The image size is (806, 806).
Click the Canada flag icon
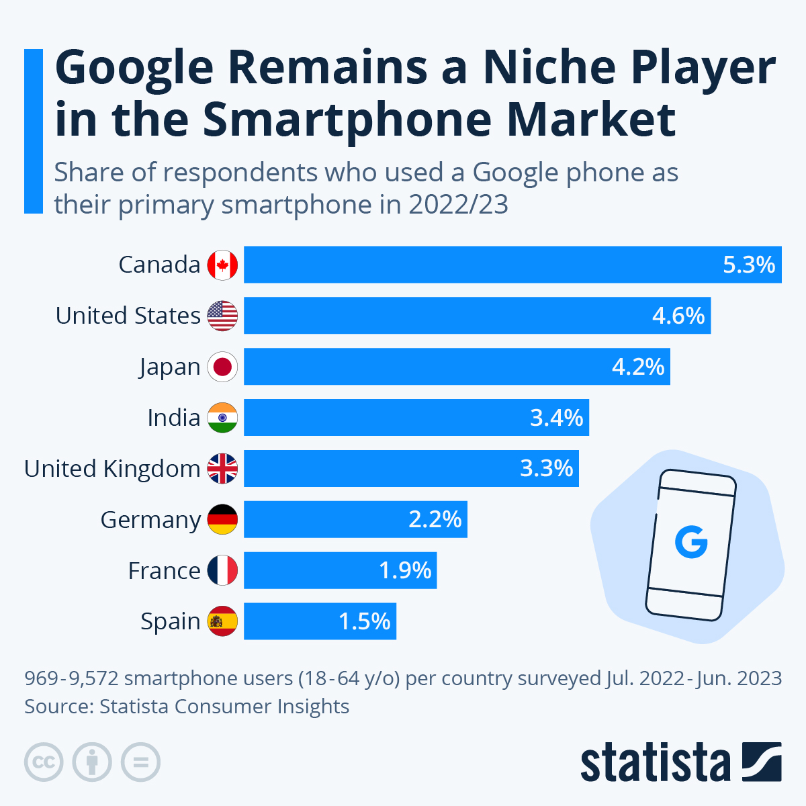[222, 265]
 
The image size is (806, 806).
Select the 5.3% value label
[749, 265]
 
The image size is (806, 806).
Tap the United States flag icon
[222, 316]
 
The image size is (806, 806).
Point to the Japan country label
[170, 367]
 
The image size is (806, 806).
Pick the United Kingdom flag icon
[222, 469]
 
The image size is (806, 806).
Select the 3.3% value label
[547, 469]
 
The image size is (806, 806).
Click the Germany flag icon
[222, 520]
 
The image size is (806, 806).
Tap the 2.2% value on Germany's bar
[435, 520]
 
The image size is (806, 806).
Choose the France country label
[164, 571]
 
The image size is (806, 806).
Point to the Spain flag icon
[222, 622]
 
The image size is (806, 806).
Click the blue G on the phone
[691, 543]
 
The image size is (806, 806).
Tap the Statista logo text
[655, 763]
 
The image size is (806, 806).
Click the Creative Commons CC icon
[44, 762]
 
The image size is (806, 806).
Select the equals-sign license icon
[141, 762]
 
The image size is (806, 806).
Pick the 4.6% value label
[678, 316]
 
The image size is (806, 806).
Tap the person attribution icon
[92, 762]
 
